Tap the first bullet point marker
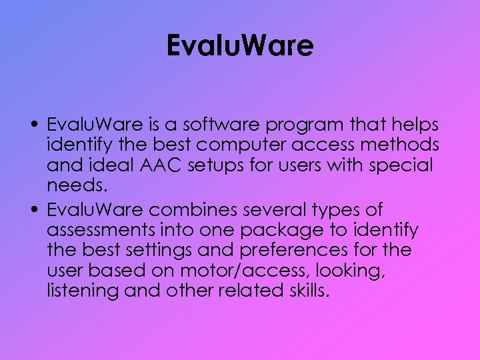[33, 125]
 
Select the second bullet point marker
[33, 210]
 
